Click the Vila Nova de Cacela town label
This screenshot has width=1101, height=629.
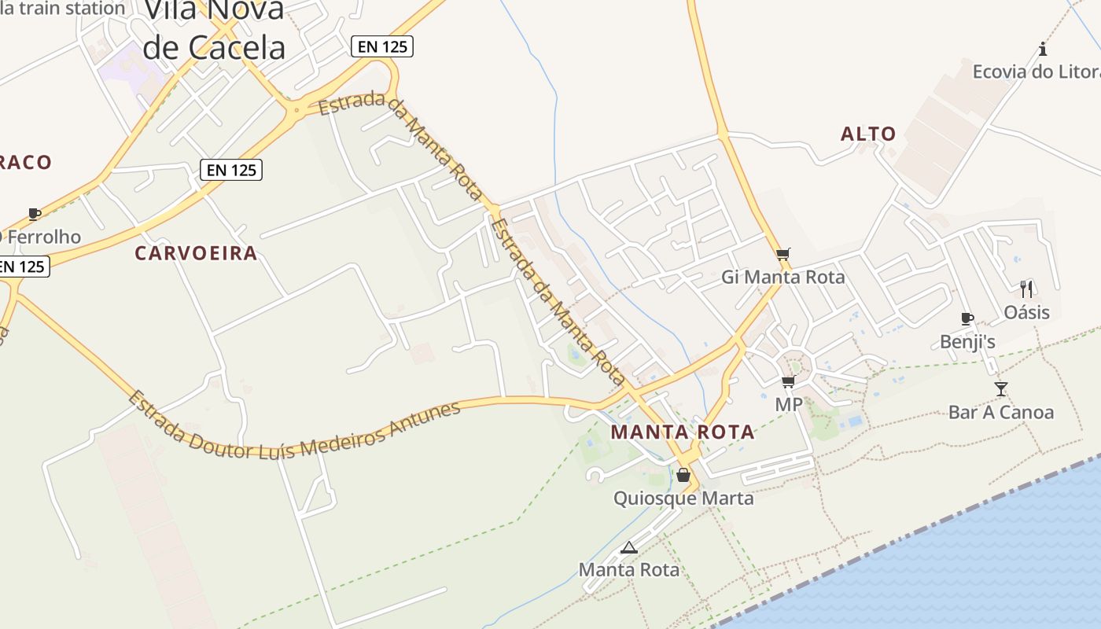pos(214,31)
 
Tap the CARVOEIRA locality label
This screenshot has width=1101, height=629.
pos(196,253)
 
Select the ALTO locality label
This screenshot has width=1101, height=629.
pos(868,134)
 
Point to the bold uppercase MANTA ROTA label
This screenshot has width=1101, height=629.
pos(683,432)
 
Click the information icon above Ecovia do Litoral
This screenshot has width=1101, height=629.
pos(1043,49)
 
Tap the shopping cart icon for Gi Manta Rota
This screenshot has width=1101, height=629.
pos(782,254)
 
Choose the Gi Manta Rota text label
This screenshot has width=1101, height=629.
pos(783,277)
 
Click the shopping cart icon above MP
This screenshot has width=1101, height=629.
pos(788,382)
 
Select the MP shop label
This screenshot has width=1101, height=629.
pos(789,404)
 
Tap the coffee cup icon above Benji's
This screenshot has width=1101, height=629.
pos(967,318)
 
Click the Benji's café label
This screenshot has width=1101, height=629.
pos(968,341)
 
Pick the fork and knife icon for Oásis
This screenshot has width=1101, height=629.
pos(1026,289)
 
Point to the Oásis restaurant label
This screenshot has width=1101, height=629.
pos(1026,312)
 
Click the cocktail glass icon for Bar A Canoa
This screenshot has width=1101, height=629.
pos(1000,388)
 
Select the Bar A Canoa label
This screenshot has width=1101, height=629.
pos(1000,412)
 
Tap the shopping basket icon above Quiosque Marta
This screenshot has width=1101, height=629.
pos(683,475)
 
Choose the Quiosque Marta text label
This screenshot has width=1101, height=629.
pos(683,498)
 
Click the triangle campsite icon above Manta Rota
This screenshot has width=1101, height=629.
pos(628,547)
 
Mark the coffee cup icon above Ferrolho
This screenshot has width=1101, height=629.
pos(34,214)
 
